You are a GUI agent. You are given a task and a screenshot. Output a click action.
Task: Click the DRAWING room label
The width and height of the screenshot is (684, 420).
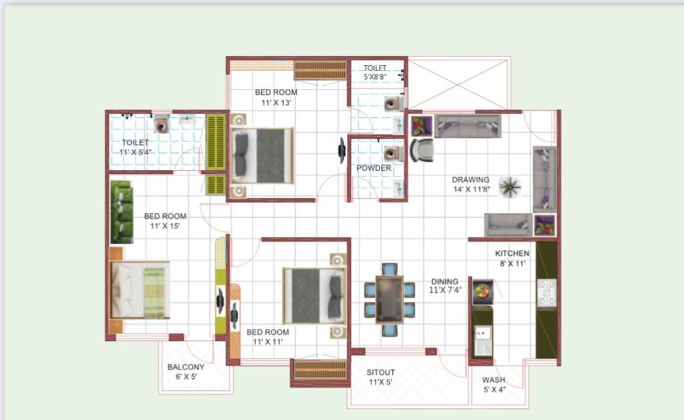tap(471, 179)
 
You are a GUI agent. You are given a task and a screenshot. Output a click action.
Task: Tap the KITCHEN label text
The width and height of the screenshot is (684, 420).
tap(512, 253)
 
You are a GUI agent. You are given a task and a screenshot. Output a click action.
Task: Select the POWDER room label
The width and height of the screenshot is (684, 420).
tap(374, 168)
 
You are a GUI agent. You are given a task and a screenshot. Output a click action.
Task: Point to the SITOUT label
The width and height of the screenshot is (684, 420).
tap(381, 372)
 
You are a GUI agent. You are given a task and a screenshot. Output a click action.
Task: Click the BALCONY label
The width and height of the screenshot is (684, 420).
tap(185, 367)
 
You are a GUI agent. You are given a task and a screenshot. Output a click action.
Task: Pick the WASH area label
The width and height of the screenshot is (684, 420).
tap(493, 380)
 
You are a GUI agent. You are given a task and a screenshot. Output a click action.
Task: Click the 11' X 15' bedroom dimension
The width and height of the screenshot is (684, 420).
tap(166, 226)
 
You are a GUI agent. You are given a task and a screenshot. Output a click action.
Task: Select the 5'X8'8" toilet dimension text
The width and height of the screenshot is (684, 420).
tap(375, 77)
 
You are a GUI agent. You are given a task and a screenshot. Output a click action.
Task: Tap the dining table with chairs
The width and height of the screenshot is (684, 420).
tap(390, 300)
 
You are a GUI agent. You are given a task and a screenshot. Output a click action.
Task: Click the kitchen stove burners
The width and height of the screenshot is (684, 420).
tap(546, 292)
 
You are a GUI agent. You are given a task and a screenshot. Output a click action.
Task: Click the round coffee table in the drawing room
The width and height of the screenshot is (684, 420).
tap(511, 187)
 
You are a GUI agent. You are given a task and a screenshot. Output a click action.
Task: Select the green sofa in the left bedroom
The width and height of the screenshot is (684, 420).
tap(122, 212)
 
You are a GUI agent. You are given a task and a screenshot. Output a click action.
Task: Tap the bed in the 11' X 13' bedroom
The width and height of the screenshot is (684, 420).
tap(263, 156)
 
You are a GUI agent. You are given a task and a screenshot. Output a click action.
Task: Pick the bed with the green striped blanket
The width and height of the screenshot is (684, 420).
tap(140, 289)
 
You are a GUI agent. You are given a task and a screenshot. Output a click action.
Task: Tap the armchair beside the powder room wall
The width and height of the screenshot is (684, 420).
tap(421, 150)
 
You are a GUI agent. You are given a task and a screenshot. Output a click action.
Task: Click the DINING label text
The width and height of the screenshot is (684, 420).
tap(444, 282)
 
